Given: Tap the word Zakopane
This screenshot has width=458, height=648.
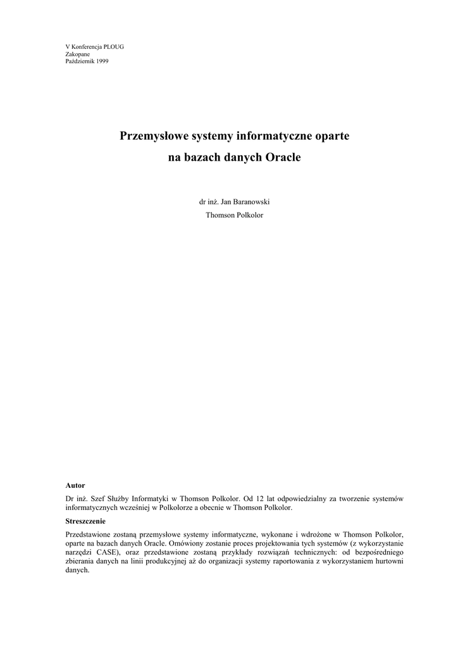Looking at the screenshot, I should [78, 54].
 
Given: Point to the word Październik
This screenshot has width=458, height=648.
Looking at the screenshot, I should [80, 61].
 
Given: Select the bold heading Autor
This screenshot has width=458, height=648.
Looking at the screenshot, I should [75, 485].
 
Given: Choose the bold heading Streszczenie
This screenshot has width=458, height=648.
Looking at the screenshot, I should [85, 521].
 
